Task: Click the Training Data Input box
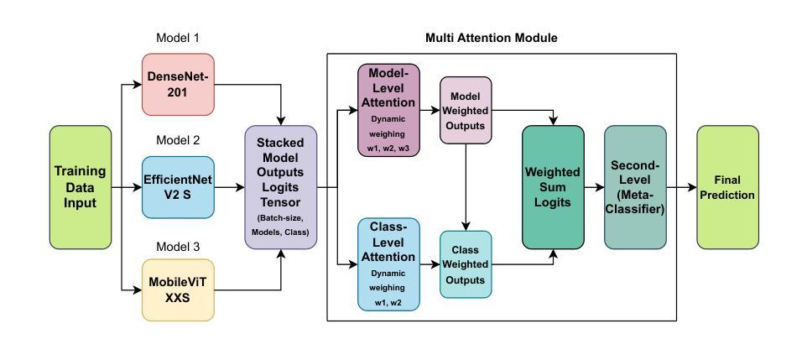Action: click(x=81, y=187)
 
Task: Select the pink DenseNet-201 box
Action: click(x=178, y=85)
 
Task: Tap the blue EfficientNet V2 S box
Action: click(x=178, y=187)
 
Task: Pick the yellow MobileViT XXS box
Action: click(x=178, y=290)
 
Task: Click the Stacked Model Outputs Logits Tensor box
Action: click(x=280, y=187)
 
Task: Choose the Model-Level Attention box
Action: click(x=388, y=110)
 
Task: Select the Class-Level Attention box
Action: click(x=388, y=264)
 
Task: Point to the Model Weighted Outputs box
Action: click(x=466, y=110)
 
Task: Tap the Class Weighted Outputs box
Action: click(x=466, y=264)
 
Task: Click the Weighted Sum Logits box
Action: click(x=554, y=187)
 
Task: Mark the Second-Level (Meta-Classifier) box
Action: click(x=635, y=187)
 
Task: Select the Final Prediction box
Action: click(x=728, y=187)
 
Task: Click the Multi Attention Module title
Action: click(x=491, y=38)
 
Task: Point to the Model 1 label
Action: click(x=178, y=38)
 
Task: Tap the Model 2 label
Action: click(x=178, y=140)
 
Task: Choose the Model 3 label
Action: click(x=178, y=246)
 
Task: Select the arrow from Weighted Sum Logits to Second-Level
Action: click(x=595, y=187)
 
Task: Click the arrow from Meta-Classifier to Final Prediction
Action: click(x=682, y=187)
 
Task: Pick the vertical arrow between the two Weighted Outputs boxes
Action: click(x=466, y=187)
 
